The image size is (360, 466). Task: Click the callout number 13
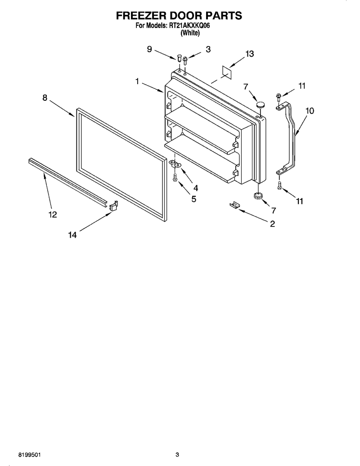(x=249, y=54)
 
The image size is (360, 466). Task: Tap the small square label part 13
(x=227, y=71)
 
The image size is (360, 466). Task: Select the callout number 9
(x=149, y=49)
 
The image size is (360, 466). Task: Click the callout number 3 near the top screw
(x=208, y=50)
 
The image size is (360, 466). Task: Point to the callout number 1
(x=137, y=81)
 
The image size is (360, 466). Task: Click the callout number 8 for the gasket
(x=45, y=98)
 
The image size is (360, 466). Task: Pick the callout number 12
(x=53, y=214)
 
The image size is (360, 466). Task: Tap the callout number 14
(x=72, y=235)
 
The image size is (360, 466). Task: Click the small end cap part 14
(x=113, y=205)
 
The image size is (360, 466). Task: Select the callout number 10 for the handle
(x=310, y=111)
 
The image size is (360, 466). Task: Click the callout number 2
(x=272, y=223)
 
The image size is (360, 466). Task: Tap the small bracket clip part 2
(x=234, y=205)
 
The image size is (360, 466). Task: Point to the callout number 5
(x=193, y=199)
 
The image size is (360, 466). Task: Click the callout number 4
(x=195, y=188)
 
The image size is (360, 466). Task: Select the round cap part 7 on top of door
(x=261, y=105)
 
